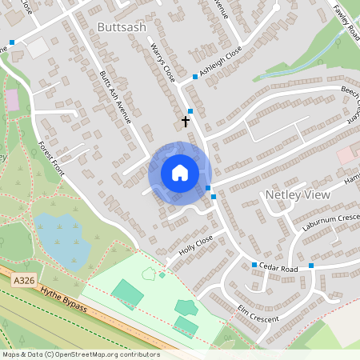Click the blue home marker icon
pyautogui.click(x=180, y=173)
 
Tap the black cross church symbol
pyautogui.click(x=186, y=122)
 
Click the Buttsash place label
pyautogui.click(x=122, y=27)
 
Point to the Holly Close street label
pyautogui.click(x=196, y=245)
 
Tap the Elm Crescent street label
pyautogui.click(x=258, y=314)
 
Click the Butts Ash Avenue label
pyautogui.click(x=115, y=98)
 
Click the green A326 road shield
pyautogui.click(x=22, y=281)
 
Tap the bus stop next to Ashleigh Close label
pyautogui.click(x=195, y=78)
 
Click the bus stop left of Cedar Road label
pyautogui.click(x=254, y=265)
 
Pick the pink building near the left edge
pyautogui.click(x=12, y=100)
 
